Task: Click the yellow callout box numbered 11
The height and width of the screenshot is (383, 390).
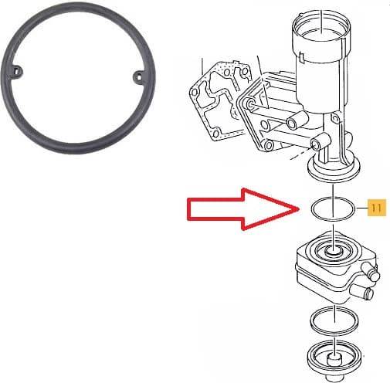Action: point(376,207)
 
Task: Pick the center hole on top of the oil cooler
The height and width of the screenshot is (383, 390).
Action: point(332,252)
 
